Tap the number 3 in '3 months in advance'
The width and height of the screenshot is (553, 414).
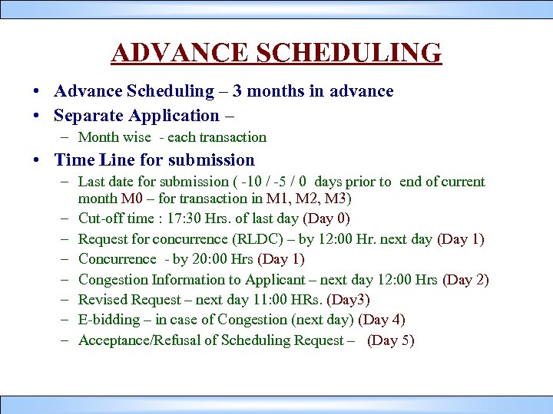[238, 91]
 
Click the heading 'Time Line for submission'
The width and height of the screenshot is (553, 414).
[154, 160]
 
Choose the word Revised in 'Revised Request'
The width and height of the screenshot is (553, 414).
[104, 300]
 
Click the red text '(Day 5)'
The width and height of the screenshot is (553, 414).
[391, 340]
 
